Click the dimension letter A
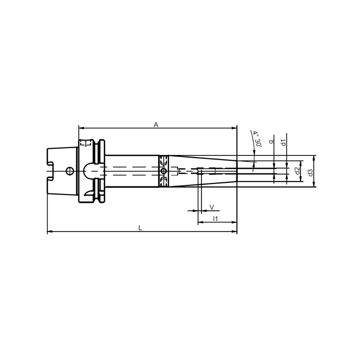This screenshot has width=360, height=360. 156,125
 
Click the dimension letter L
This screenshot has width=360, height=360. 140,228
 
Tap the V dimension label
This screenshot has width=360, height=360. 212,207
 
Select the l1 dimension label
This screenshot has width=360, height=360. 215,219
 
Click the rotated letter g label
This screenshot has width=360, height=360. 272,142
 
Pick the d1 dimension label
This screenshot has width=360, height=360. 284,143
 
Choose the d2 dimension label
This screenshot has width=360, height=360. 298,171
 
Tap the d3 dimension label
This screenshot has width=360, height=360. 310,173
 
